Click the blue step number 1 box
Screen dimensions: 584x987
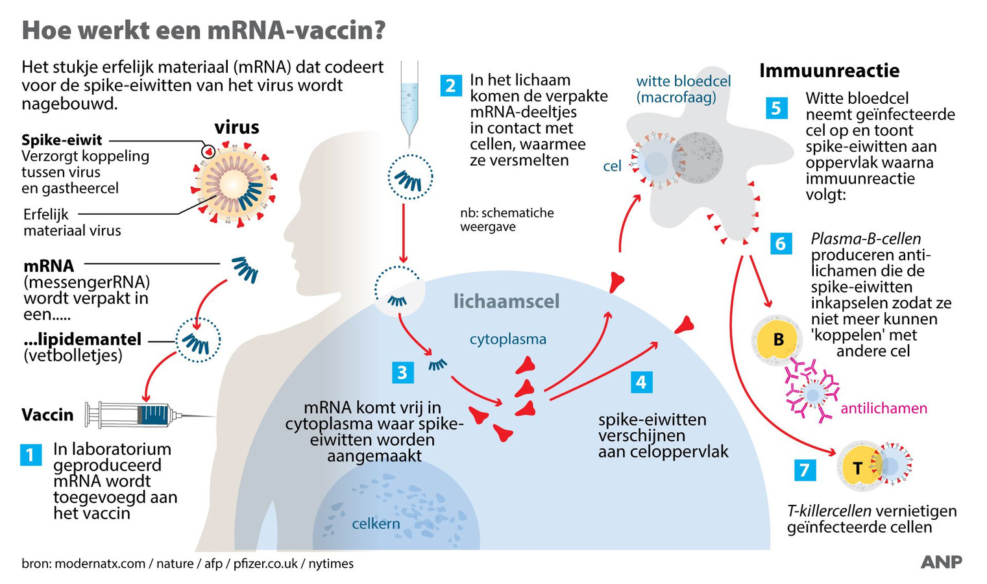[x=30, y=454]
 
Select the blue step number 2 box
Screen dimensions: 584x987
[x=450, y=85]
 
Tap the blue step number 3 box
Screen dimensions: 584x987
[x=402, y=372]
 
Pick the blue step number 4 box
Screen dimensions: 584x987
[x=641, y=382]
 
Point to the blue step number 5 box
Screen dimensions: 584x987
[x=776, y=108]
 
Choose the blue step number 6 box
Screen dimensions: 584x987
[x=781, y=243]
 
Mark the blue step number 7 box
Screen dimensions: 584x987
[x=805, y=469]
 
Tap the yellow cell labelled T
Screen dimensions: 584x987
[x=858, y=467]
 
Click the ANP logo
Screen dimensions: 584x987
[x=941, y=562]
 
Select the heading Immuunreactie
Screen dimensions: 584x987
[x=829, y=70]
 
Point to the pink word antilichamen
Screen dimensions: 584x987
[x=883, y=408]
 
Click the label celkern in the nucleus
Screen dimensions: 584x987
[x=376, y=524]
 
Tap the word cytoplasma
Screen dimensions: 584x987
[x=507, y=339]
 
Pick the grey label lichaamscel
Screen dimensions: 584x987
[x=506, y=301]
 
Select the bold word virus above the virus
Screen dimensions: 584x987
[x=237, y=127]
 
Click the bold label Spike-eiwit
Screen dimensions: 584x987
[x=62, y=140]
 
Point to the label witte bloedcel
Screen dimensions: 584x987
[x=683, y=81]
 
